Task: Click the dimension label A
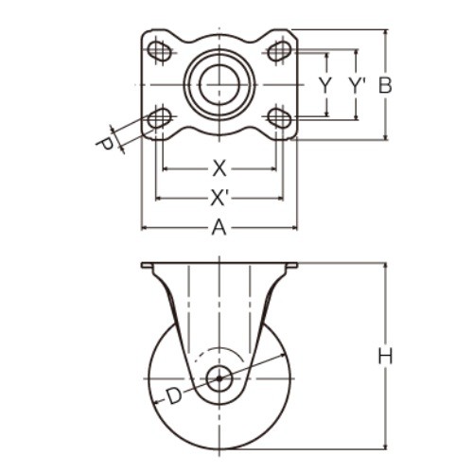[x=219, y=227]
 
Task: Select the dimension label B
[x=385, y=85]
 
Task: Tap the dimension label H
[x=385, y=357]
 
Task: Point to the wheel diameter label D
[x=174, y=396]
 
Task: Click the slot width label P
[x=106, y=144]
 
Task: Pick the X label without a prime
[x=219, y=168]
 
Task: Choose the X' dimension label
[x=219, y=198]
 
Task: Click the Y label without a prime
[x=325, y=85]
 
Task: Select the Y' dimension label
[x=357, y=85]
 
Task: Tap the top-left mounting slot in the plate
[x=160, y=50]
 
